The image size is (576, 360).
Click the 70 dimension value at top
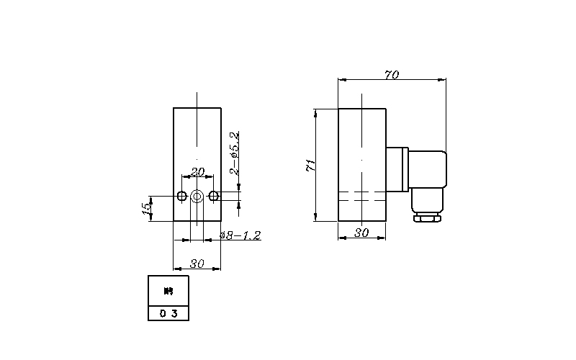coord(392,75)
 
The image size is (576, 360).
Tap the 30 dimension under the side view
coord(362,233)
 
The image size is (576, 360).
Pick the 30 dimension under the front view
coord(197,264)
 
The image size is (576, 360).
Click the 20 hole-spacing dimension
coord(197,171)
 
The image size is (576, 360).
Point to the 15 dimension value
coord(146,208)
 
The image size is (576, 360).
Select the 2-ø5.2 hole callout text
coord(233,153)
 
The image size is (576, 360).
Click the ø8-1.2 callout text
coord(240,235)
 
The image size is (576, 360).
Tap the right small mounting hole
coord(212,195)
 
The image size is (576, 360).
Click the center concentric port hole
coord(197,195)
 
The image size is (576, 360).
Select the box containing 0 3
coord(168,313)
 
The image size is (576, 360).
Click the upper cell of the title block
coord(168,291)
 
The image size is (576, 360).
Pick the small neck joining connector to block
coord(397,170)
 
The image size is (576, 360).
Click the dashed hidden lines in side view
coord(363,195)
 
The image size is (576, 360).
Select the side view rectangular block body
coord(363,144)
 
